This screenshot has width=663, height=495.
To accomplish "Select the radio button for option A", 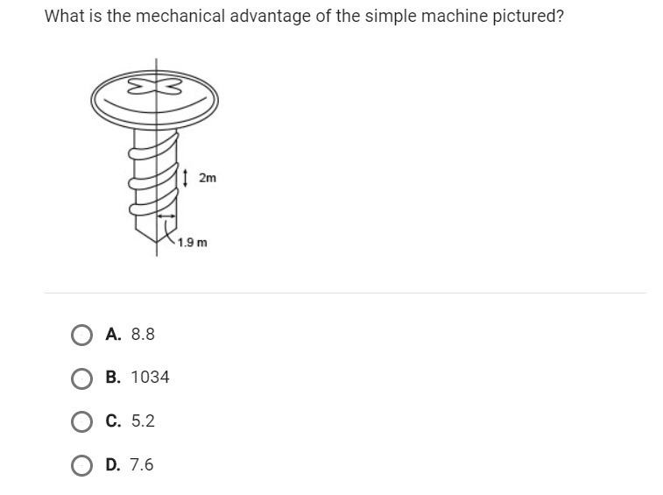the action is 81,336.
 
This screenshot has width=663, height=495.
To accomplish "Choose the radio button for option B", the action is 81,378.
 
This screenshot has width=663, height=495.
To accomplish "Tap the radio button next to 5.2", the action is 81,421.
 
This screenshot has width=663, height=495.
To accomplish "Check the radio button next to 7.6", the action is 81,465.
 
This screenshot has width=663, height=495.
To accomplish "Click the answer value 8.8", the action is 143,334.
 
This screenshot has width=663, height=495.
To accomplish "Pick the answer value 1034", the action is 150,377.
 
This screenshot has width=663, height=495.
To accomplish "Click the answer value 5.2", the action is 143,421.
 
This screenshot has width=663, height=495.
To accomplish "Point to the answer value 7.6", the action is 142,464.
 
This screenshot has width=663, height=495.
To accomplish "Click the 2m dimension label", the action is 208,178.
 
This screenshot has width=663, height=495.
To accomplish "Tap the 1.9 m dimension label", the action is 193,243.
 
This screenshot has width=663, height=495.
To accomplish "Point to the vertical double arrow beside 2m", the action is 185,178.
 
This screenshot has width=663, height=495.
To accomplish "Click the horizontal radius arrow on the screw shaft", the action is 166,216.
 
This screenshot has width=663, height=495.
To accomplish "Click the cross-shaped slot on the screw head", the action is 155,87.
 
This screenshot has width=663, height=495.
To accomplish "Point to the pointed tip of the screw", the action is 157,243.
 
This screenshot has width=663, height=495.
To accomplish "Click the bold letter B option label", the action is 113,377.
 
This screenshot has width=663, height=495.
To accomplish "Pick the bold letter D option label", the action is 113,464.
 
